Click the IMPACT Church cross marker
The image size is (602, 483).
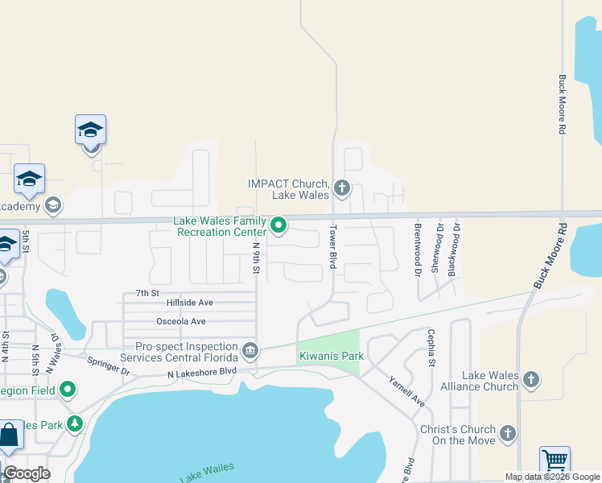click(x=342, y=189)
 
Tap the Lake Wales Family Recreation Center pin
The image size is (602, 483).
click(x=278, y=225)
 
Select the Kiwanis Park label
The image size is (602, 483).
click(x=332, y=356)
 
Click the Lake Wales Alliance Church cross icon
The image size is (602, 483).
click(x=530, y=379)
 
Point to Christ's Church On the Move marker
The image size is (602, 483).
click(x=507, y=433)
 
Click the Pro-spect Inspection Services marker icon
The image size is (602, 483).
click(x=250, y=350)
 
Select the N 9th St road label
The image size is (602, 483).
click(x=256, y=258)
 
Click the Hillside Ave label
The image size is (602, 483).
click(x=189, y=303)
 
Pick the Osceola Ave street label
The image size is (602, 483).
click(x=186, y=321)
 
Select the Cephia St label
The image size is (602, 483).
click(x=431, y=347)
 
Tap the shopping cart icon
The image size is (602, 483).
click(x=555, y=461)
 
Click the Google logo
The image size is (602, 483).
click(x=27, y=473)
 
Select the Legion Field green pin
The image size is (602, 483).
click(x=68, y=390)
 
